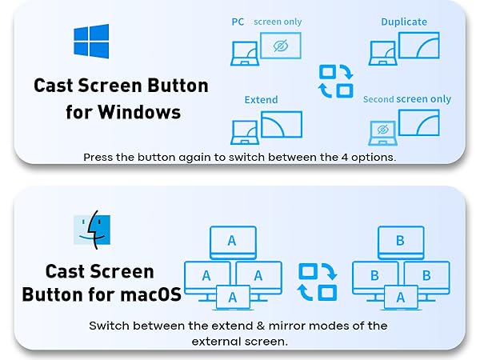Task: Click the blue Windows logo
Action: (x=90, y=41)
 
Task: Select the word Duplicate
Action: (x=403, y=22)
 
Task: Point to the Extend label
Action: (x=261, y=99)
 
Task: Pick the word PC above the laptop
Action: (x=238, y=22)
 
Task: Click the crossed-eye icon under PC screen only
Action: (x=280, y=46)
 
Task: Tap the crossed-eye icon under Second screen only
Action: (x=383, y=129)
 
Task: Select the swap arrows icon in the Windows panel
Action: (x=334, y=80)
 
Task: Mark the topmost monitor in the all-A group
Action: (x=232, y=241)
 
